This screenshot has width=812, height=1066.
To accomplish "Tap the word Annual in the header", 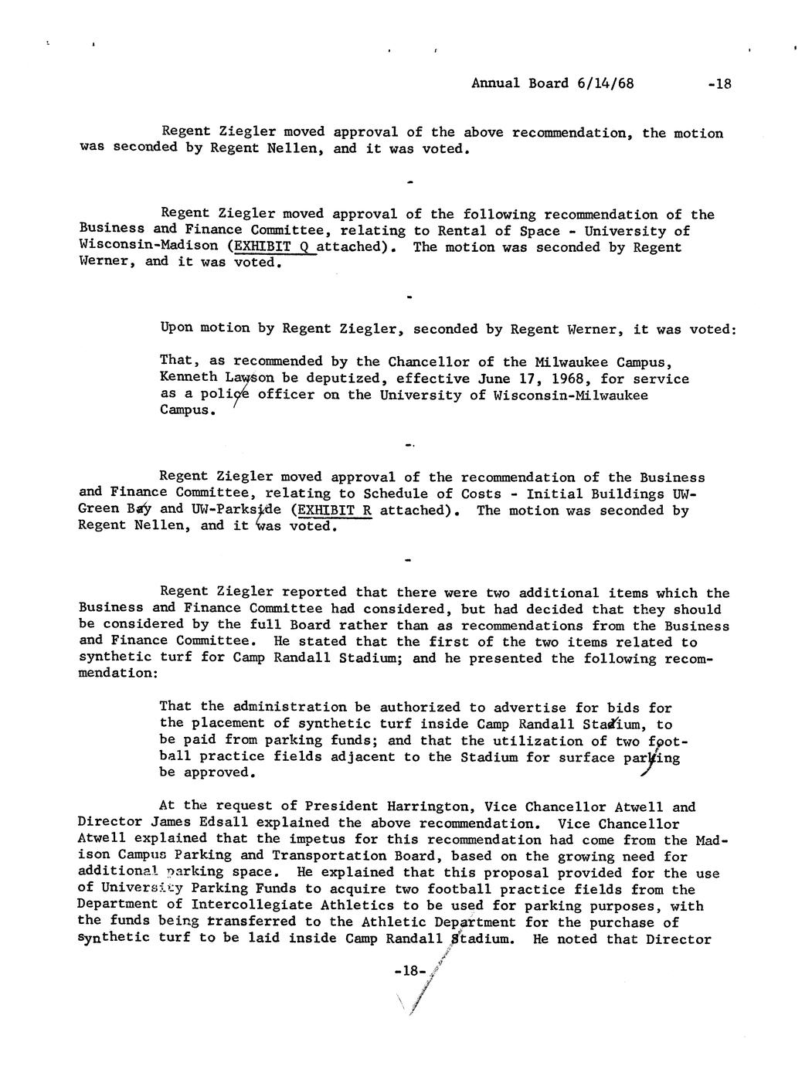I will tap(495, 83).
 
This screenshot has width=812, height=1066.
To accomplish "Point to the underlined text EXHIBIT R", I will tap(335, 510).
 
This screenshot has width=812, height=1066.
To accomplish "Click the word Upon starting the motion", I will tap(176, 328).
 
